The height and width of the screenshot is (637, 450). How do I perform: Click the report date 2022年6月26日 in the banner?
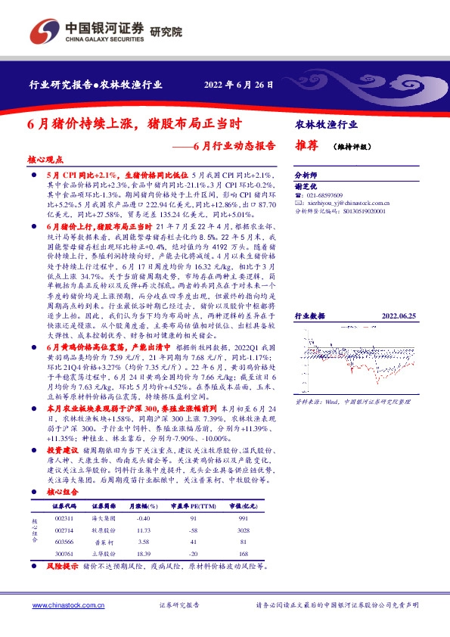[239, 84]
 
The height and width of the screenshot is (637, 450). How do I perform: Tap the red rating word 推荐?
[306, 148]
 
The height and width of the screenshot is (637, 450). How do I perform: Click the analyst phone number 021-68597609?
[327, 195]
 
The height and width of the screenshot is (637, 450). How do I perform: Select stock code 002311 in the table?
[64, 517]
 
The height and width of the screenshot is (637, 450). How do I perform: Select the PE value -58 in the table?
[193, 532]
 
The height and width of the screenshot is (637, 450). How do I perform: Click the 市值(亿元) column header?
[242, 503]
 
